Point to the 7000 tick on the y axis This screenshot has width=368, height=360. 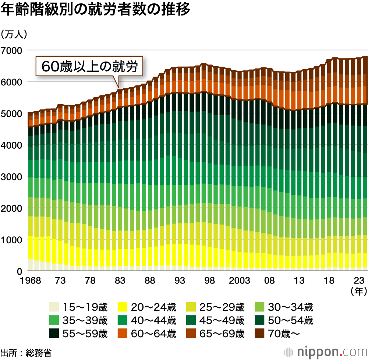pyautogui.click(x=12, y=50)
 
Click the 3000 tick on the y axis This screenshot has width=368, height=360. pyautogui.click(x=12, y=177)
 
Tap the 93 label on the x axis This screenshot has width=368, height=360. pyautogui.click(x=180, y=281)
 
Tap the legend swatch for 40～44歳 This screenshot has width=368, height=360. pyautogui.click(x=122, y=320)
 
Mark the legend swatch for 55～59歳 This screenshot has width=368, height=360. pyautogui.click(x=54, y=333)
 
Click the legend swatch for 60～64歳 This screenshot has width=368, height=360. pyautogui.click(x=122, y=333)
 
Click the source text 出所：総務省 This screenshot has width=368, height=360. pyautogui.click(x=26, y=353)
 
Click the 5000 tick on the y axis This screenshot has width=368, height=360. pyautogui.click(x=12, y=113)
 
